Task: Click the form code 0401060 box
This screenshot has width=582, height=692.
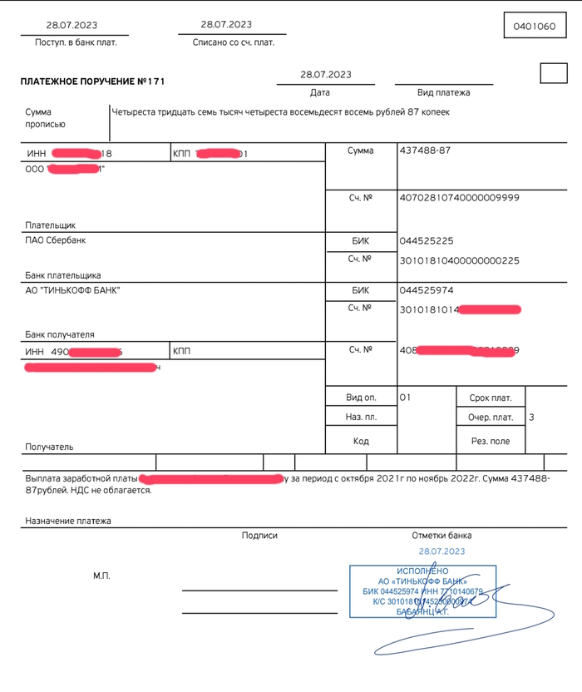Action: tap(534, 27)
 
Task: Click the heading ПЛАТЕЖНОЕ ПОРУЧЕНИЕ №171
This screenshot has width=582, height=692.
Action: tap(93, 82)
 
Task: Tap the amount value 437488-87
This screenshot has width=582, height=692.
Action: tap(425, 151)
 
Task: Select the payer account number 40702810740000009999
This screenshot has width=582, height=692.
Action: tap(459, 198)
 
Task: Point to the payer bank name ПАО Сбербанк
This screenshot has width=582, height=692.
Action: tap(56, 240)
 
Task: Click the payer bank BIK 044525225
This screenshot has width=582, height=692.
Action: tap(426, 240)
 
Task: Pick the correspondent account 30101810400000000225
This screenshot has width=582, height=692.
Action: tap(459, 260)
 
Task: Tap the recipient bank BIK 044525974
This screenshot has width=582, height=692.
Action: tap(426, 290)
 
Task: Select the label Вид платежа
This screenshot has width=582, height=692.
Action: tap(443, 93)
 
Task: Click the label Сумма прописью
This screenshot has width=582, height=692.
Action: tap(45, 118)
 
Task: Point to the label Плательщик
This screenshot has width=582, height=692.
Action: tap(50, 225)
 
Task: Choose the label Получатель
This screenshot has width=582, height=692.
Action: tap(49, 447)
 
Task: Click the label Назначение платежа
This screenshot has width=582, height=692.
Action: tap(68, 521)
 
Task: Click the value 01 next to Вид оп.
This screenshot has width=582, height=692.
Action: tap(405, 398)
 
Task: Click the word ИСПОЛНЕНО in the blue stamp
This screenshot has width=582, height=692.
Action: tap(422, 571)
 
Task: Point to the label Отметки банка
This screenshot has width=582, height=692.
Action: tap(441, 536)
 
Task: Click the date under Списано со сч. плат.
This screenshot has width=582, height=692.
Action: tap(226, 25)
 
